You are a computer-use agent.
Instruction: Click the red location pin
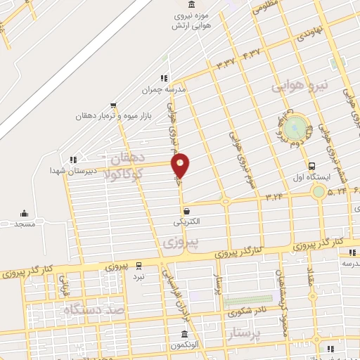coord(181,165)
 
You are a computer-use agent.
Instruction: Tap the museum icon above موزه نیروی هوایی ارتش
coord(192,6)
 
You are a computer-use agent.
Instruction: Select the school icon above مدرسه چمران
coord(163,78)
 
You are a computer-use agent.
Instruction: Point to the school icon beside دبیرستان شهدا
coord(73,160)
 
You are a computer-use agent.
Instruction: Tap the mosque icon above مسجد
coord(25,214)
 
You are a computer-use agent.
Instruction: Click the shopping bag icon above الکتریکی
coord(186,210)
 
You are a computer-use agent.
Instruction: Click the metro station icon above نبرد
coord(139,265)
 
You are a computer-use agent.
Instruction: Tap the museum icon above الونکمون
coord(184,334)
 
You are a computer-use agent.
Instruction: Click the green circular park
coord(297,129)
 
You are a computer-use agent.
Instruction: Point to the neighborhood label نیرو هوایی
coord(300,86)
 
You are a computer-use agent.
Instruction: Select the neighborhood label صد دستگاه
coord(94,309)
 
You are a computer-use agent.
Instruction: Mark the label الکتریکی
coord(186,221)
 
